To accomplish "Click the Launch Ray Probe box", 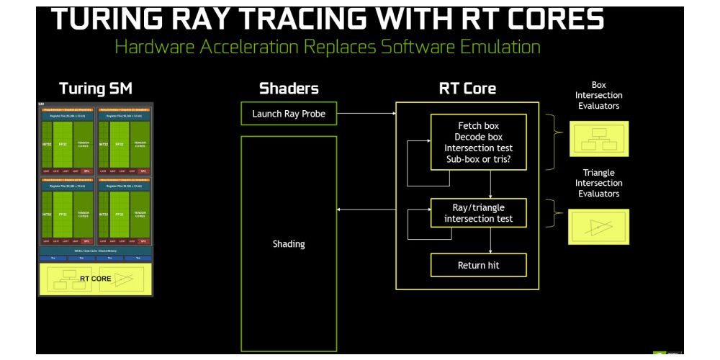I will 288,113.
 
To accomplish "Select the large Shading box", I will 288,243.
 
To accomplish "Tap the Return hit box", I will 478,265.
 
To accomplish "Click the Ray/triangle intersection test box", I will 478,213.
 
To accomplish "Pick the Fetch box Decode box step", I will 478,142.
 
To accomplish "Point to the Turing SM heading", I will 96,89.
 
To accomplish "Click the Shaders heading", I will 289,89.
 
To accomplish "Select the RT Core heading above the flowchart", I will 467,89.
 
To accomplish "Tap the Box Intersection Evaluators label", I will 599,95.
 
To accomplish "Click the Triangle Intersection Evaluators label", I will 598,183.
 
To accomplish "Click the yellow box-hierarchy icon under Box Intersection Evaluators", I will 599,138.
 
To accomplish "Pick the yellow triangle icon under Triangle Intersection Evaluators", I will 598,226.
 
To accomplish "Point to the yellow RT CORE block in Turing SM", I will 95,279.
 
